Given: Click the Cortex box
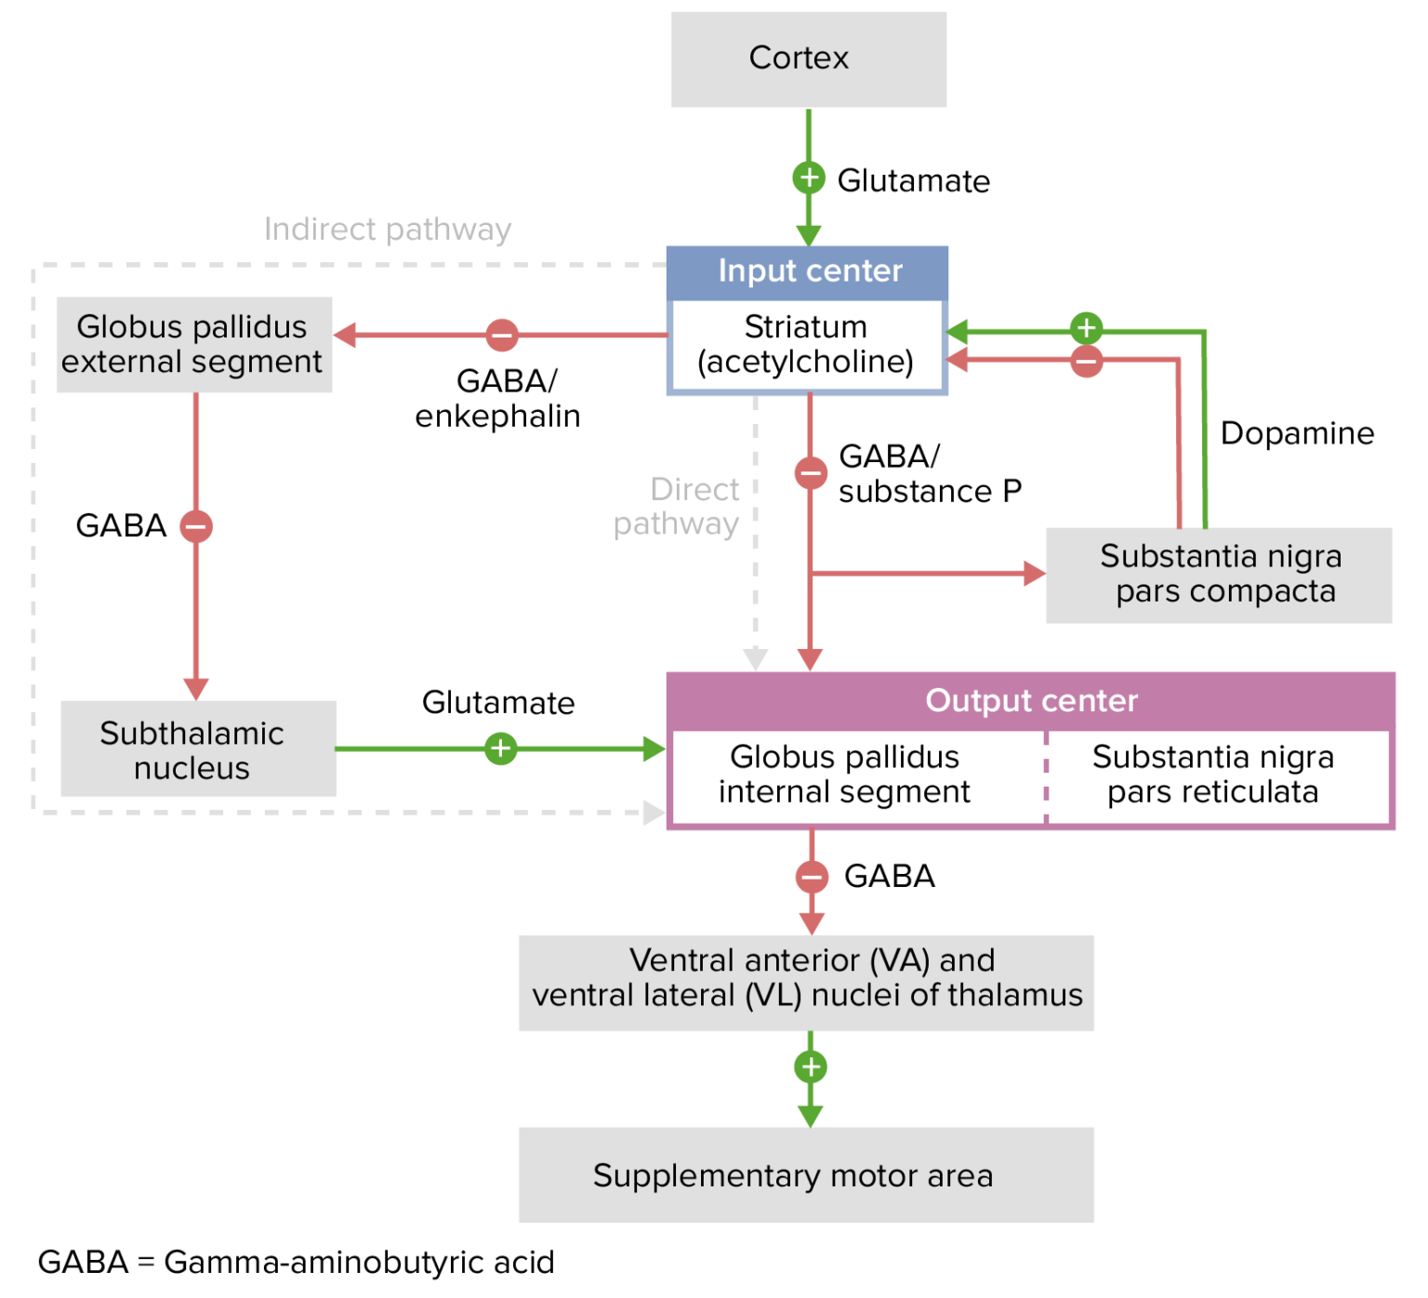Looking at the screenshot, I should [808, 59].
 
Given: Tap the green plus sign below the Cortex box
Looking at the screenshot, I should [809, 177].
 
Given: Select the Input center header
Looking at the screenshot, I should [808, 272].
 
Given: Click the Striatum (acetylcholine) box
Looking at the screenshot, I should [806, 345].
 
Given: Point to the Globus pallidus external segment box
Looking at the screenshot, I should [193, 344].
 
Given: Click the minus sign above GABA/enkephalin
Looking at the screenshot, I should [502, 335].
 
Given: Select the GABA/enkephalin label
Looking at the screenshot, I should [498, 399].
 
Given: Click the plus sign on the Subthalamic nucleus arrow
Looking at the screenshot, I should [500, 748].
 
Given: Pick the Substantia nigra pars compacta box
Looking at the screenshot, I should [1219, 575].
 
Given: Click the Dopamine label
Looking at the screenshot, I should [1297, 433].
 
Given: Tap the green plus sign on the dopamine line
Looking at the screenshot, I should [1086, 328].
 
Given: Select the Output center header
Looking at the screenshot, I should [1031, 701].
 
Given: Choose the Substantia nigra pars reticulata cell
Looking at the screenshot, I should [1213, 775].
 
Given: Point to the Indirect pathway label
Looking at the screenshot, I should [388, 230].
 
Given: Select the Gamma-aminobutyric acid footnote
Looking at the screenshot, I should [296, 1263].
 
